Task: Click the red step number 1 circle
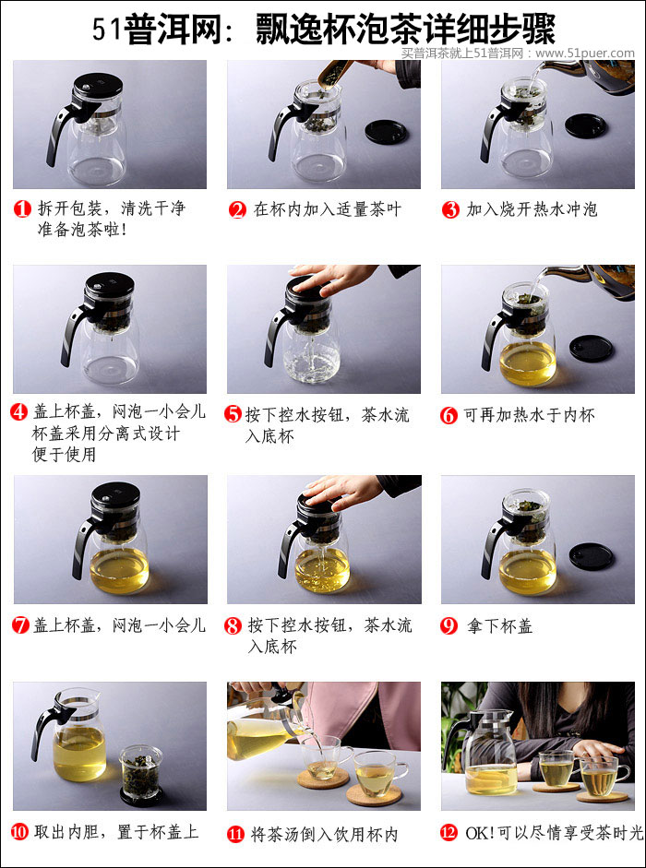[23, 208]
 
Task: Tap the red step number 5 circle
[233, 414]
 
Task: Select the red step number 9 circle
[449, 625]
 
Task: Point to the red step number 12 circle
[449, 833]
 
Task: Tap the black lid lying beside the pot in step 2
[386, 131]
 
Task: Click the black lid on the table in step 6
[591, 348]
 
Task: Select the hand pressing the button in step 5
[332, 278]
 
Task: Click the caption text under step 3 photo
[532, 209]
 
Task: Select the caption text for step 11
[323, 834]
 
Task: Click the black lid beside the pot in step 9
[591, 555]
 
